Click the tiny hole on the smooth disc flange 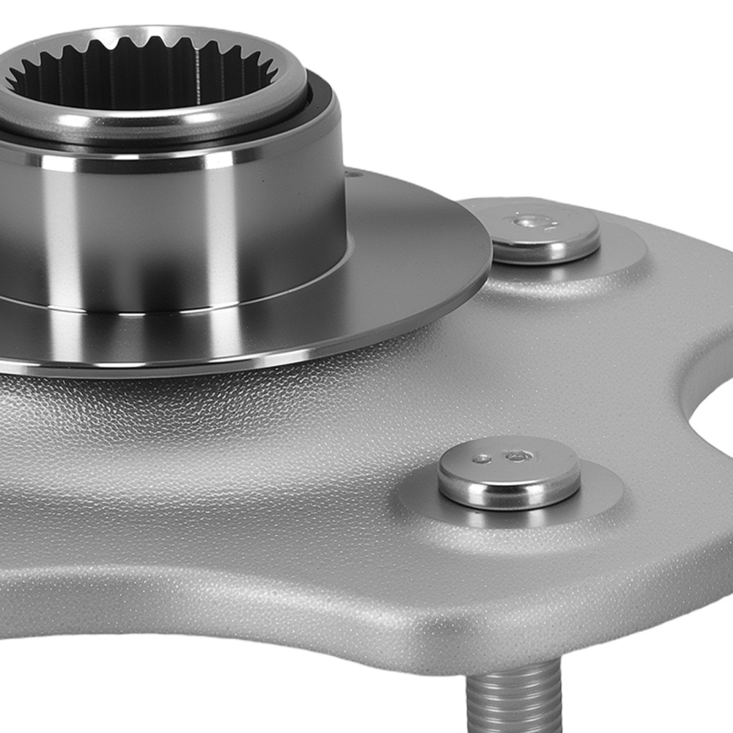click(356, 174)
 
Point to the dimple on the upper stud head click(526, 220)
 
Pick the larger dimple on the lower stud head click(518, 456)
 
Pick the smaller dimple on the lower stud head click(482, 459)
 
